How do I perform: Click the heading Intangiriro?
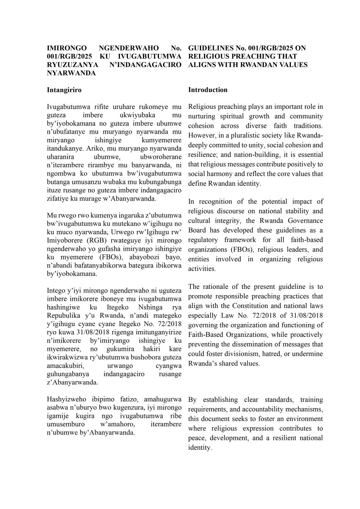click(x=64, y=90)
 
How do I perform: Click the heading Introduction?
click(x=208, y=90)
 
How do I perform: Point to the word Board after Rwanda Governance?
click(x=198, y=230)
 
